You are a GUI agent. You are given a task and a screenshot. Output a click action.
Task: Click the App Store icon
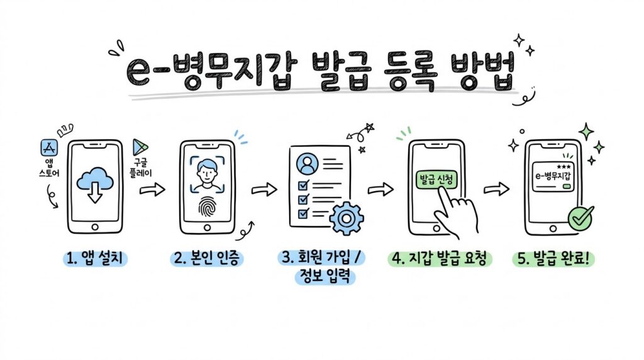tap(49, 148)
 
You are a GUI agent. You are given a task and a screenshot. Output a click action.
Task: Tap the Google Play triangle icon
tap(140, 147)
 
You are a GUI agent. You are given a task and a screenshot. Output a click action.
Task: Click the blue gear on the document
tap(347, 218)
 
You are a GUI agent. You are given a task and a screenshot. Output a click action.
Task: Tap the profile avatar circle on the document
tap(307, 164)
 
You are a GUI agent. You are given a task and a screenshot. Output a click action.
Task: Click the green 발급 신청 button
tap(436, 179)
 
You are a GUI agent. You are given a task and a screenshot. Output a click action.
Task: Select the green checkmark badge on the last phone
tap(580, 218)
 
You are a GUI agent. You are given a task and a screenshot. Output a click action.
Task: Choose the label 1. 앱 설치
tap(95, 259)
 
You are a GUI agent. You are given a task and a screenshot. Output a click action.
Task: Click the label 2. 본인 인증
tap(207, 259)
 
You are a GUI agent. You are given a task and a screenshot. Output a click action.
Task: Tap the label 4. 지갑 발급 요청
tap(440, 259)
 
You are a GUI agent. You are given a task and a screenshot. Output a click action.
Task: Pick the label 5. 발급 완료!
tap(553, 259)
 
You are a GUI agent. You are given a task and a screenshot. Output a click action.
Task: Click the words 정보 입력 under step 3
tap(325, 276)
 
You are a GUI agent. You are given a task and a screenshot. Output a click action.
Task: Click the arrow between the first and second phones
tap(152, 190)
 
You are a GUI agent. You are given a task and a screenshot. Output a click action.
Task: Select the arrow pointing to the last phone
tap(496, 189)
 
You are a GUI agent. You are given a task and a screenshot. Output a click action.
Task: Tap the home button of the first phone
tap(96, 227)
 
